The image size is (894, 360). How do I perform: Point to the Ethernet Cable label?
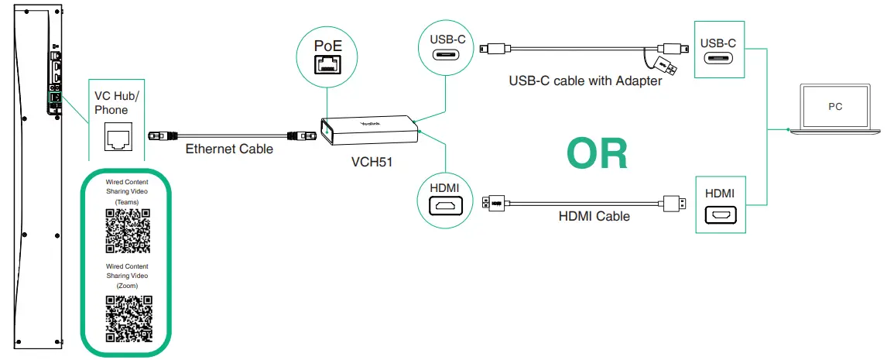229,149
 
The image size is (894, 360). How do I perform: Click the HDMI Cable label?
594,216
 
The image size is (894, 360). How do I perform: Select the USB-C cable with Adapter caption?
585,81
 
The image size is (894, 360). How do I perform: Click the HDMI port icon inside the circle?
445,206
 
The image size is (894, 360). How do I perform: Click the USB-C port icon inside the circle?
446,56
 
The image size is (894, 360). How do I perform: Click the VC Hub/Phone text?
116,102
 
